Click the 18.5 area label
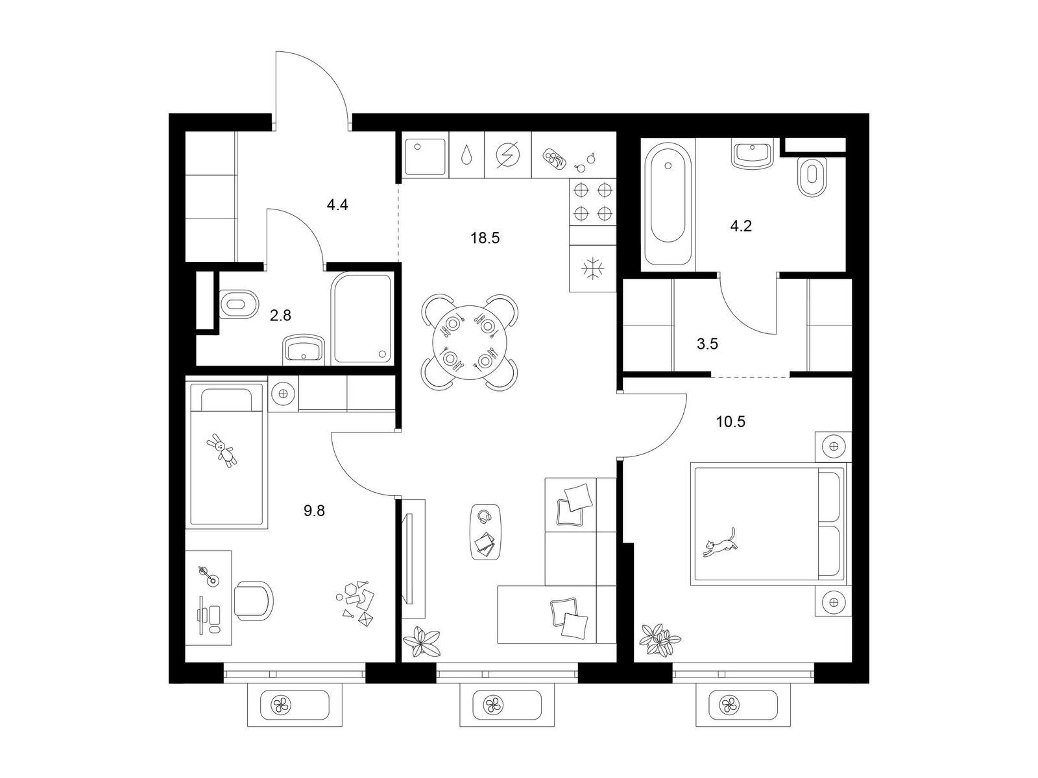click(x=485, y=238)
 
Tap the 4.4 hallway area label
click(x=337, y=205)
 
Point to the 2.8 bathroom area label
click(x=280, y=315)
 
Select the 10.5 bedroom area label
click(x=730, y=421)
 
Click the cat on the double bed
click(x=719, y=543)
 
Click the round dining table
click(x=469, y=342)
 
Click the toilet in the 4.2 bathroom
click(x=812, y=176)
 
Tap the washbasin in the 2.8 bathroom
click(x=304, y=350)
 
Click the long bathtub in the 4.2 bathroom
click(x=668, y=204)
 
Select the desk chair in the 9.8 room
click(x=254, y=600)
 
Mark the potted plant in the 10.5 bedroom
click(x=660, y=640)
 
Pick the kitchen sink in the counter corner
click(x=425, y=155)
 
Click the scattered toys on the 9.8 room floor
click(x=356, y=602)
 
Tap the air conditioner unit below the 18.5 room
click(x=507, y=705)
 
